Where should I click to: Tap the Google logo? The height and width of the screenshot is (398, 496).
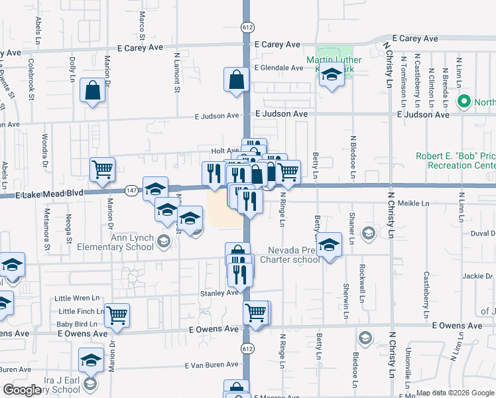point(23,390)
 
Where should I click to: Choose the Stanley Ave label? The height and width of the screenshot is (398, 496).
point(219,293)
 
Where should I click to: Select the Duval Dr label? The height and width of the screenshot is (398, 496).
point(483,233)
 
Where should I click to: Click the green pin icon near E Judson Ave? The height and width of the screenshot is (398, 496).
point(464,102)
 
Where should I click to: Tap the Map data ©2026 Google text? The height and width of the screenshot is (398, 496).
point(455,393)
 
